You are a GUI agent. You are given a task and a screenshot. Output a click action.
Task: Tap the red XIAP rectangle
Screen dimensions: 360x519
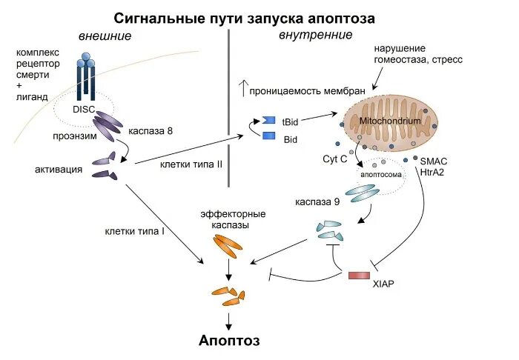point(359,275)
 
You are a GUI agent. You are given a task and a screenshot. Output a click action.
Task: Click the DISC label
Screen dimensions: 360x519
point(83,108)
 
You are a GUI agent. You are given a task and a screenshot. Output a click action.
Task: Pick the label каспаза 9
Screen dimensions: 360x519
point(317,201)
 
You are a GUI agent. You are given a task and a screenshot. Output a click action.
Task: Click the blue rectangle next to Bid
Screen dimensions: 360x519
point(269,136)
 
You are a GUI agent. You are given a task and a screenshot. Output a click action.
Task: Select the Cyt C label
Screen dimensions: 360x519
point(334,159)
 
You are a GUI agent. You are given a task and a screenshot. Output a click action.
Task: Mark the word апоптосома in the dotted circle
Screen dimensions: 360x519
point(381,175)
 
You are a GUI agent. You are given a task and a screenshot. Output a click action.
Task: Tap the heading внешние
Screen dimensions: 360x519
point(104,36)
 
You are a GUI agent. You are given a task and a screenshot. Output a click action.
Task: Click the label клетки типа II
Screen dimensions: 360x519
point(191,163)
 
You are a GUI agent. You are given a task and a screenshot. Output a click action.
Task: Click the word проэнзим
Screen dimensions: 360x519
point(72,136)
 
